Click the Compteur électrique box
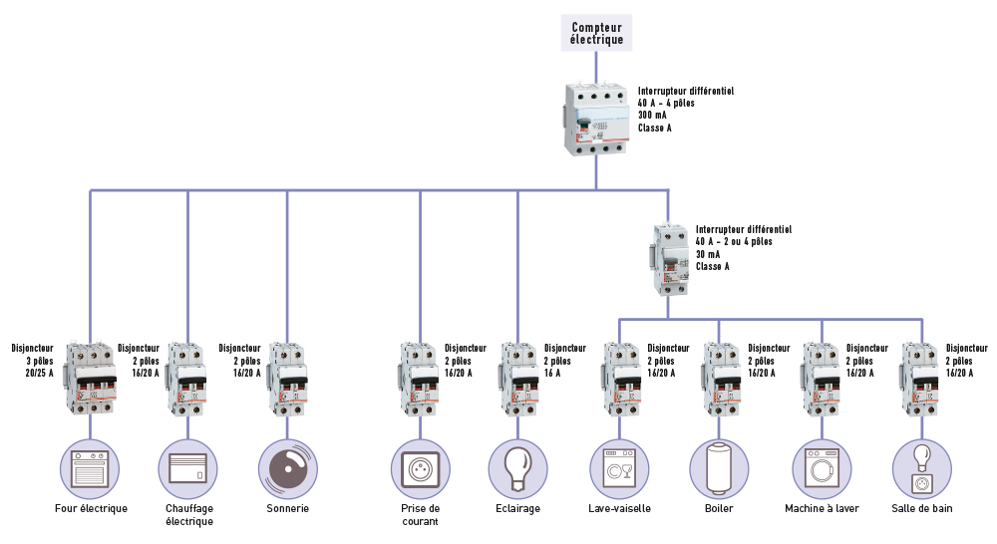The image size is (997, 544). [596, 33]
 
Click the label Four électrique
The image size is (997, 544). [91, 509]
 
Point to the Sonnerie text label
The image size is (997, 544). [287, 509]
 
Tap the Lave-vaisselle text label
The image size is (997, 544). [619, 509]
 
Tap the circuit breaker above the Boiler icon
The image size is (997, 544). [720, 379]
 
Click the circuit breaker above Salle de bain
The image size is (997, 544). [919, 379]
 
